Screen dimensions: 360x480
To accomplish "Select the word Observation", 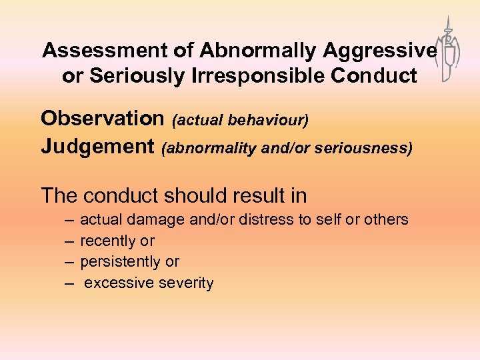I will click(102, 119).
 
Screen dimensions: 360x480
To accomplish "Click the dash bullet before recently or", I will click(70, 241).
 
